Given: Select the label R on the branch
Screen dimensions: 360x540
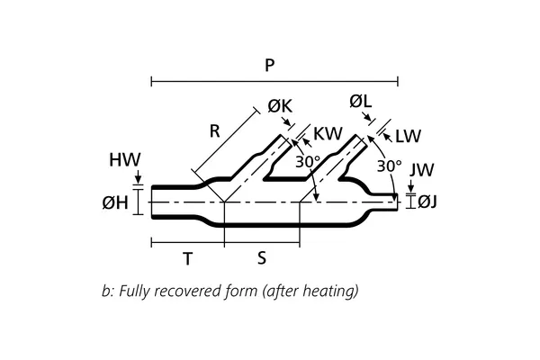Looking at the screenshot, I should [x=214, y=130].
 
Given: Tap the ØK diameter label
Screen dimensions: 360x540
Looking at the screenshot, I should [x=280, y=106].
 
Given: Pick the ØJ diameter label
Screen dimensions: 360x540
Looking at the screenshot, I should [x=426, y=202].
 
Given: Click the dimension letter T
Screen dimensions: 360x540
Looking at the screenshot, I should [x=186, y=258].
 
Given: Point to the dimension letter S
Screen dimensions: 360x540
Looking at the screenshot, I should [x=261, y=258].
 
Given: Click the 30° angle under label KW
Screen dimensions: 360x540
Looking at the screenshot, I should [x=309, y=162].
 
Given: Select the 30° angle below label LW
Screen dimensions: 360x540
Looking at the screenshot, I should [x=388, y=166].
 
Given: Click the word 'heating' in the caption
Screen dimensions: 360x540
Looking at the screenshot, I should [x=330, y=291].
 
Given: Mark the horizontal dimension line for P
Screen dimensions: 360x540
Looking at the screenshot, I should [x=270, y=83].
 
